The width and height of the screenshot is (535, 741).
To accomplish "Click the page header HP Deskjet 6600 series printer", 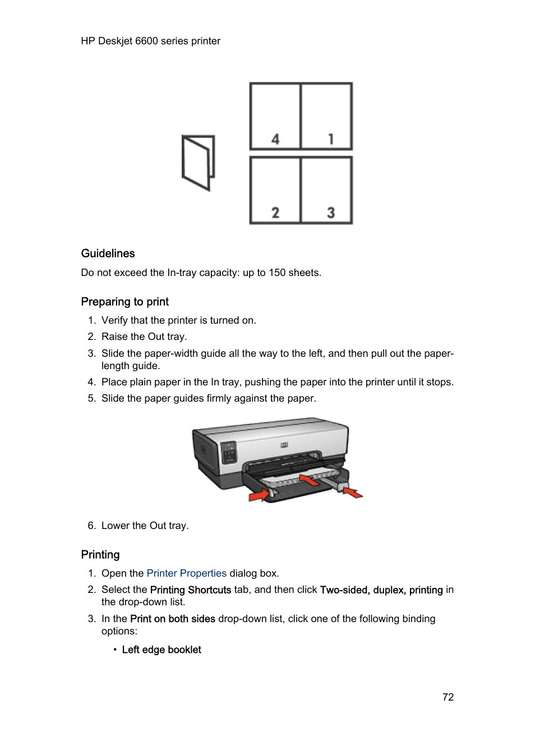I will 150,41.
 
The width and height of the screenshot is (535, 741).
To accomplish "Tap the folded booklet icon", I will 199,163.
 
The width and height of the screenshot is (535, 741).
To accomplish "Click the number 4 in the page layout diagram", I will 275,139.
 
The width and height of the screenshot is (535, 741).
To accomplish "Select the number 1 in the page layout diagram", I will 331,139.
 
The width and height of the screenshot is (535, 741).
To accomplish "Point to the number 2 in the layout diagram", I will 275,213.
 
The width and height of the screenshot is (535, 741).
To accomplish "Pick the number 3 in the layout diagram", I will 331,213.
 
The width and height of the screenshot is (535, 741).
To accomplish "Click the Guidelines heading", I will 108,254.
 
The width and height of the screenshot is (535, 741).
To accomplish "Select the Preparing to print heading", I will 124,302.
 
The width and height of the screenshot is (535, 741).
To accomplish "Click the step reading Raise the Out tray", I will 144,337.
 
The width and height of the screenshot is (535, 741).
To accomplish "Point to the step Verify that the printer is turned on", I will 178,320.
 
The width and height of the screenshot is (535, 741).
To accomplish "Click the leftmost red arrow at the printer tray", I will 259,495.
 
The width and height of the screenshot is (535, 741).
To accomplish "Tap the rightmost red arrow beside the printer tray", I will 353,493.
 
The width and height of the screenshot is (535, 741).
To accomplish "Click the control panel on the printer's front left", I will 228,452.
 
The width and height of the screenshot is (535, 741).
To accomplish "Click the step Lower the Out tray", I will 145,526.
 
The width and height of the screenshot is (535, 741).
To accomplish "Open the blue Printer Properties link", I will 186,573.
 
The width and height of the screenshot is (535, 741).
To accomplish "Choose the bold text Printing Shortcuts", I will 191,590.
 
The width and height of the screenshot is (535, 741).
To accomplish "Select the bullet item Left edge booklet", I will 162,650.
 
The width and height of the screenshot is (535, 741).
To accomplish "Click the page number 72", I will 448,697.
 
